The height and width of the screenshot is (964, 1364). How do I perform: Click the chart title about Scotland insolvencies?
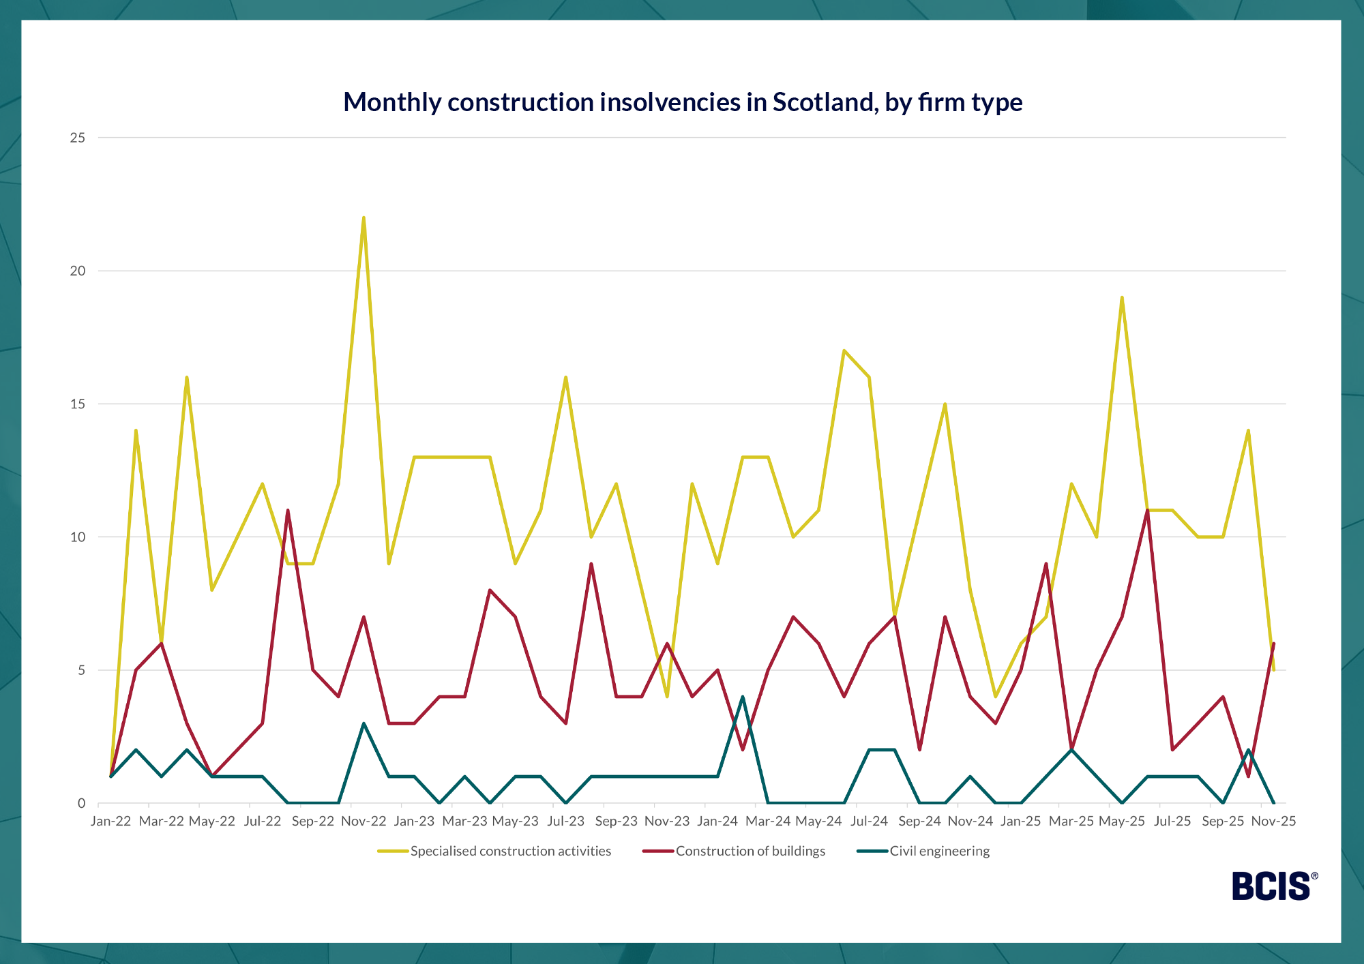tap(682, 102)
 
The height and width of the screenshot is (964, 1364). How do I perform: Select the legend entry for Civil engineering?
tap(939, 851)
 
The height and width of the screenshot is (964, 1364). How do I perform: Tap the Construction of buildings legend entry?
tap(750, 851)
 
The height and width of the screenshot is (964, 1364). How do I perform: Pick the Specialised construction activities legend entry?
tap(510, 851)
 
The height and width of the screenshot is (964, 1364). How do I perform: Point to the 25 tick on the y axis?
tap(78, 138)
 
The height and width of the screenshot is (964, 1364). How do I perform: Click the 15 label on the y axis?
tap(78, 404)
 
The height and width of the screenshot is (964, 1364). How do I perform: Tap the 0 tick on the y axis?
tap(82, 803)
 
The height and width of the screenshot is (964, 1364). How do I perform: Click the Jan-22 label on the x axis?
tap(110, 821)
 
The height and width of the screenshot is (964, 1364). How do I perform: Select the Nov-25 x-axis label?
tap(1273, 821)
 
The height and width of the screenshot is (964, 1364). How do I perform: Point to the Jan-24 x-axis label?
tap(717, 821)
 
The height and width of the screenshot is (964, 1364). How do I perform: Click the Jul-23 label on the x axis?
tap(566, 821)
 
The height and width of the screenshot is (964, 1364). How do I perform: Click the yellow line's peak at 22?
tap(364, 218)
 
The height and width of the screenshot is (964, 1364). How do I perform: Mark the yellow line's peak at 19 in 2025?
tap(1122, 298)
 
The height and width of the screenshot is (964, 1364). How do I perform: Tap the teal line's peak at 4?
tap(743, 697)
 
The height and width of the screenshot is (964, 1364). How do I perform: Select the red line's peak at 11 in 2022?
tap(288, 510)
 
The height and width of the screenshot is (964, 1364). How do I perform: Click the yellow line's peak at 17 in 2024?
tap(844, 350)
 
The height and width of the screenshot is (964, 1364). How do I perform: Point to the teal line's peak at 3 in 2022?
tap(364, 723)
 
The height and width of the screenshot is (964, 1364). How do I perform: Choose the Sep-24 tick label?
tap(919, 821)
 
